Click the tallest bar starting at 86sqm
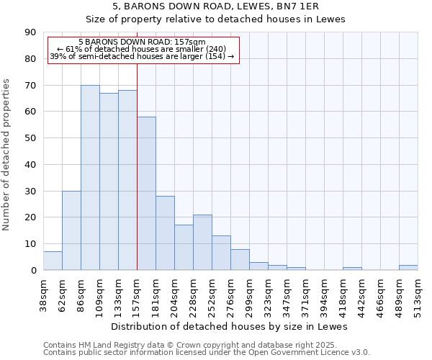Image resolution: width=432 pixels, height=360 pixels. point(90,178)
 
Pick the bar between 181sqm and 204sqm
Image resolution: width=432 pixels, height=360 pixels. point(165,233)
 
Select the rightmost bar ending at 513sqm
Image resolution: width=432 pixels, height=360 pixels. point(408,267)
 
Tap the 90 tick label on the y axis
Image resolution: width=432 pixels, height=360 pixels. point(30,32)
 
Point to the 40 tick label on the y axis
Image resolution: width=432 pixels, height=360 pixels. point(30,164)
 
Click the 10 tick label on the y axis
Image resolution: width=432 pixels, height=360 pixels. point(30,243)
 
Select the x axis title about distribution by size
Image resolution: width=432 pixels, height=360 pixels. point(230,326)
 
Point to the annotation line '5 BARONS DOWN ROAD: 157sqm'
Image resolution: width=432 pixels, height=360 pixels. point(142,42)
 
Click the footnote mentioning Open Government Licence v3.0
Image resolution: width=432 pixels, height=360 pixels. point(207,353)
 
